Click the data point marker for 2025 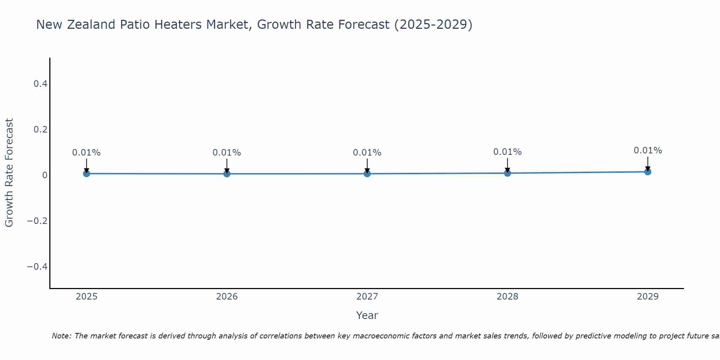point(86,174)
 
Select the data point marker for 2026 point(227,174)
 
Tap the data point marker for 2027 point(367,174)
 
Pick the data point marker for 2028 point(507,173)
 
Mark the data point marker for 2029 point(648,172)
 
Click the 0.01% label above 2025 point(86,153)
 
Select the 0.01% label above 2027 point(367,153)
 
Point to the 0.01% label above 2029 point(648,150)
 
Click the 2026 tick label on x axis point(227,297)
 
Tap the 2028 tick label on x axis point(507,297)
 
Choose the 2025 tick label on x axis point(86,297)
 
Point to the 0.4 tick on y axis point(40,84)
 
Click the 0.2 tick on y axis point(40,129)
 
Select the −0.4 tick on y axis point(37,266)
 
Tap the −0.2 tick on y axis point(37,221)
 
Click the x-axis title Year point(367,315)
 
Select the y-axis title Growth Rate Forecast point(9,173)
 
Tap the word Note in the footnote point(61,336)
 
